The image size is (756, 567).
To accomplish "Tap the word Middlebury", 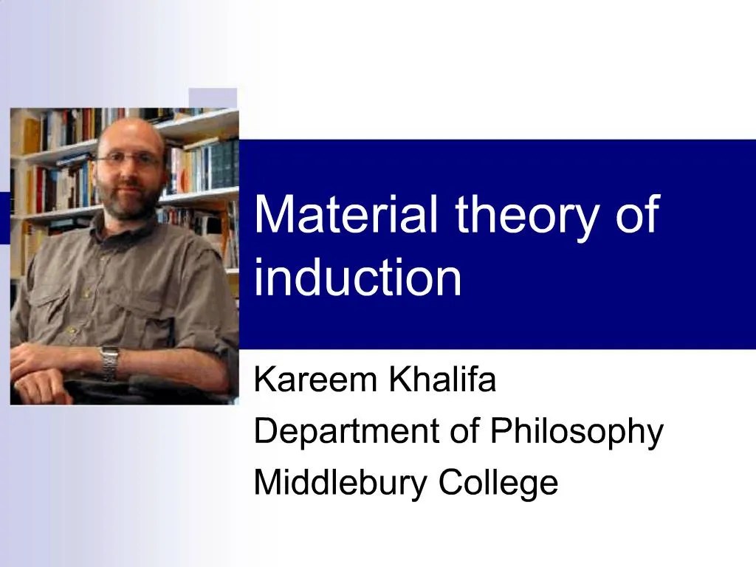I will (x=340, y=483).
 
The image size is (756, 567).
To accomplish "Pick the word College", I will (x=498, y=484).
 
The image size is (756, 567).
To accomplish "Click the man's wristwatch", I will (x=110, y=361).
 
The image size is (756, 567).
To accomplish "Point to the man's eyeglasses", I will (x=129, y=159).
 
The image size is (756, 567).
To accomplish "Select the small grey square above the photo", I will (x=213, y=98).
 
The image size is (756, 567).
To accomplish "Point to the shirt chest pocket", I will (x=70, y=295).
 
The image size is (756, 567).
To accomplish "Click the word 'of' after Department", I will (x=464, y=432).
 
